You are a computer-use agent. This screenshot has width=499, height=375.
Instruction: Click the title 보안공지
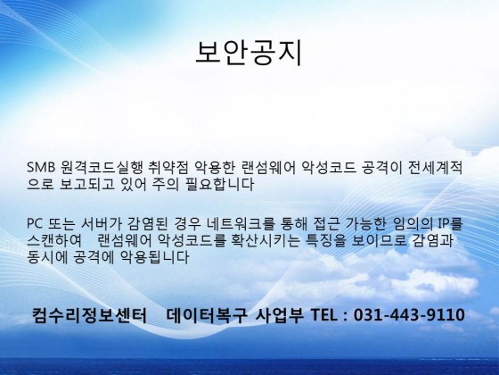click(249, 53)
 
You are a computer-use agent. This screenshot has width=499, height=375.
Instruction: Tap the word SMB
click(41, 168)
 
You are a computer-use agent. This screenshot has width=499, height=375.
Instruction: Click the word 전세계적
click(435, 168)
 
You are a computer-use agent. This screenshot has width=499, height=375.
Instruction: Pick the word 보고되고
click(86, 184)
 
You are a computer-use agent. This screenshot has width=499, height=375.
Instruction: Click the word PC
click(35, 223)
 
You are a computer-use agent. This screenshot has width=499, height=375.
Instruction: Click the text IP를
click(450, 223)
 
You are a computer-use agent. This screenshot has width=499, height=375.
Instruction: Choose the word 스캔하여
click(54, 240)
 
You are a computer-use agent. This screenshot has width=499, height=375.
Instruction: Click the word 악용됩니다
click(154, 257)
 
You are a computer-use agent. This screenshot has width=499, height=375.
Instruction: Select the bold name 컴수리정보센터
click(89, 314)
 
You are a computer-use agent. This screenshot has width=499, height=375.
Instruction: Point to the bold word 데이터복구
click(207, 314)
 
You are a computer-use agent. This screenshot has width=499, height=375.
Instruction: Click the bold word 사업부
click(280, 314)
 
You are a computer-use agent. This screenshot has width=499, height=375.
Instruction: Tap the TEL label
click(323, 314)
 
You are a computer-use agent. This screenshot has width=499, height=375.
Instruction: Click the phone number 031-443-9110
click(409, 314)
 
